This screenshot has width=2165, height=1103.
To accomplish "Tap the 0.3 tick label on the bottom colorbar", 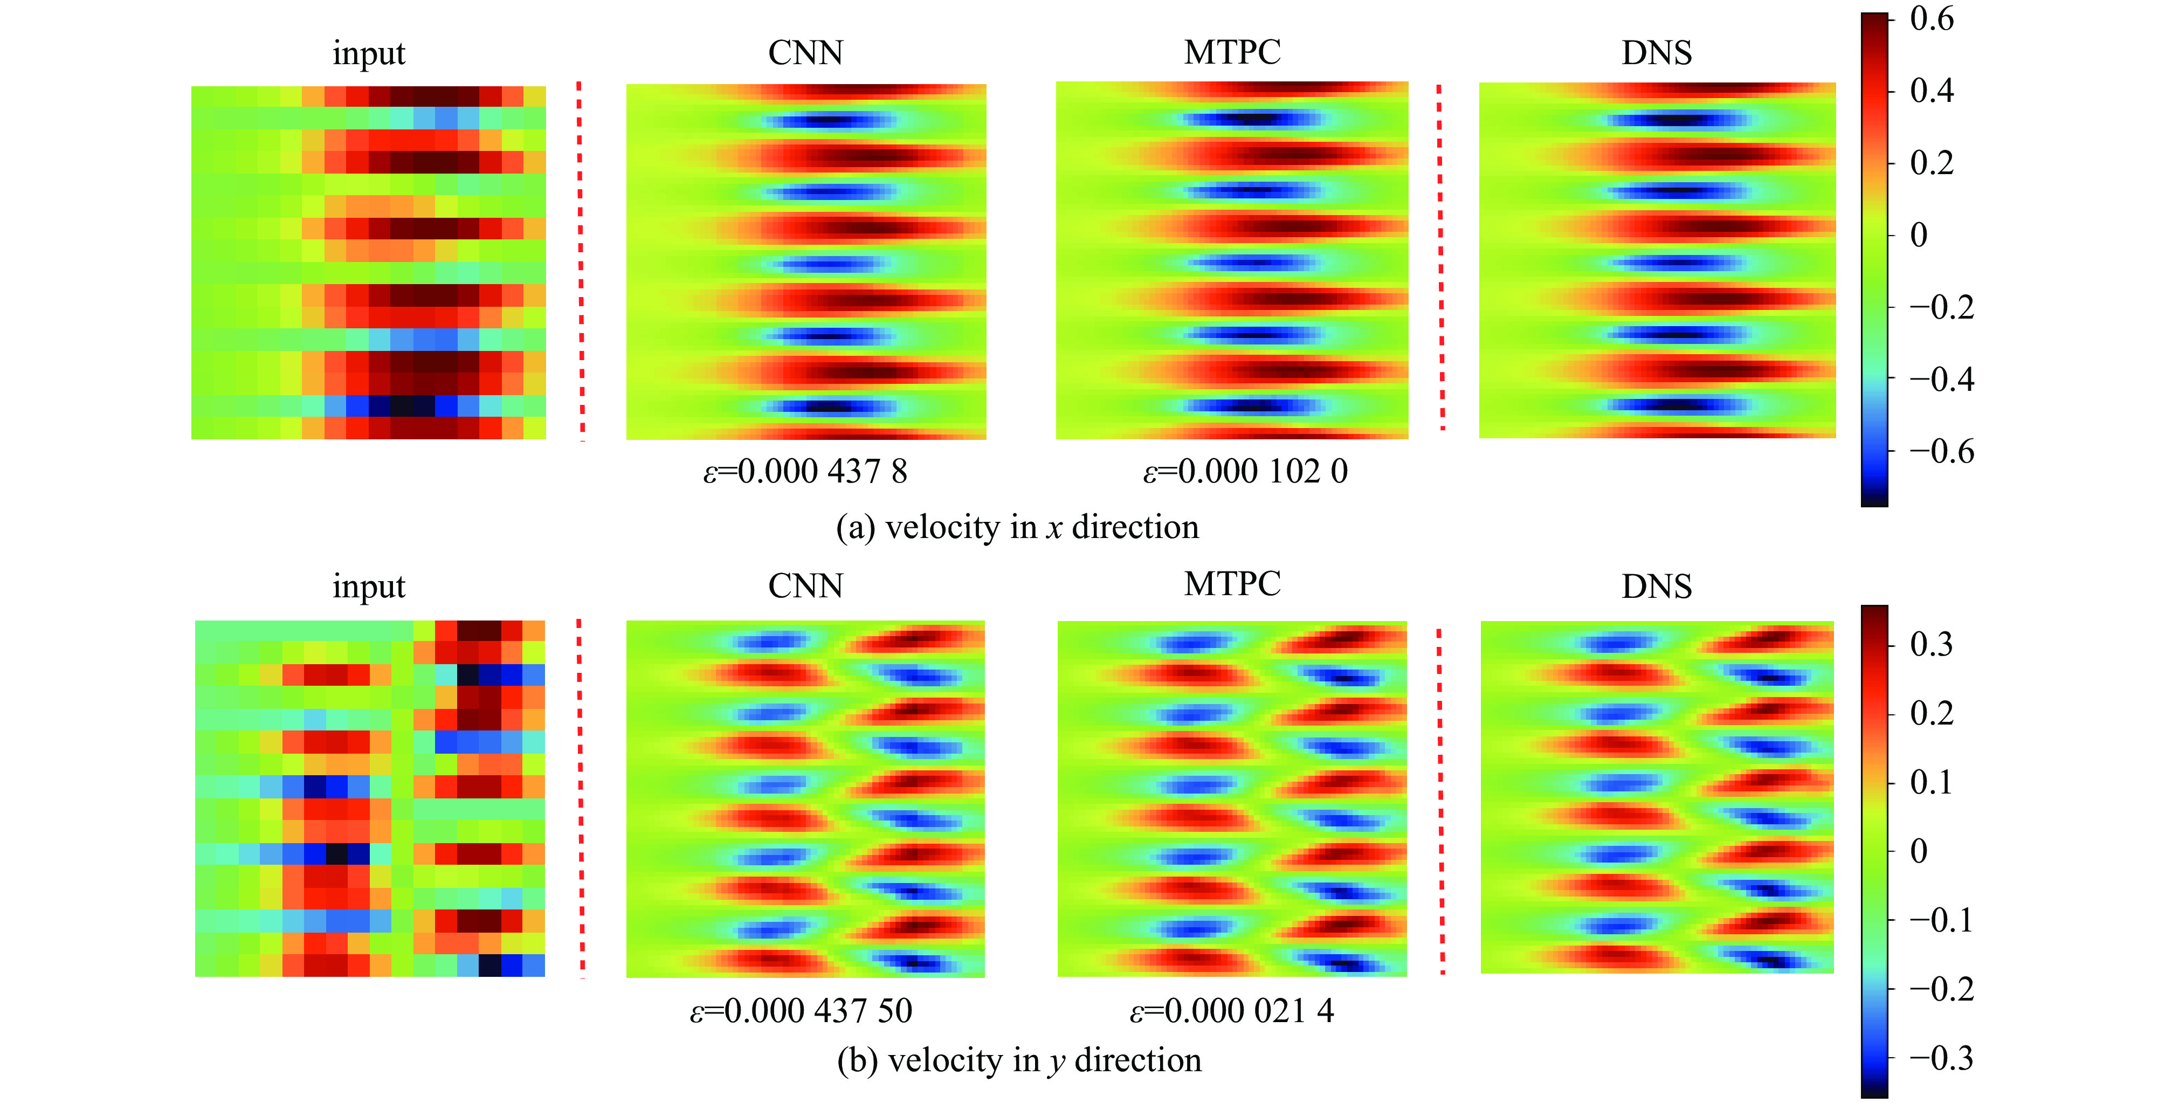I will pyautogui.click(x=1932, y=644).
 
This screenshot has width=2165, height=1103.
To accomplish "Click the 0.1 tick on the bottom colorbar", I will pyautogui.click(x=1932, y=782).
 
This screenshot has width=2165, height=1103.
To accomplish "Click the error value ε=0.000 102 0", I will pyautogui.click(x=1245, y=472).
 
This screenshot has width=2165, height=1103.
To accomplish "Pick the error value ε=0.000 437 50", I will pyautogui.click(x=801, y=1010).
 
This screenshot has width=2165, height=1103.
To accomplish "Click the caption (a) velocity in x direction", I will pyautogui.click(x=1017, y=527).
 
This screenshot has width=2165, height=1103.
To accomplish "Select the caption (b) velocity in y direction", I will pyautogui.click(x=1019, y=1060).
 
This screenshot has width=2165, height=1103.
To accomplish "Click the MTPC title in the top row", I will pyautogui.click(x=1232, y=52).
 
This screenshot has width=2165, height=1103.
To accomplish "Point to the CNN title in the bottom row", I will pyautogui.click(x=805, y=586).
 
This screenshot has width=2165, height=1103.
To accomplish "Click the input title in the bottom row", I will pyautogui.click(x=368, y=586).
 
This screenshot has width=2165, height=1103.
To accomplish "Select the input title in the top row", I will pyautogui.click(x=368, y=53).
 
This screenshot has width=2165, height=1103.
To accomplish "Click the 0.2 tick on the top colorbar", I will pyautogui.click(x=1932, y=163).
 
